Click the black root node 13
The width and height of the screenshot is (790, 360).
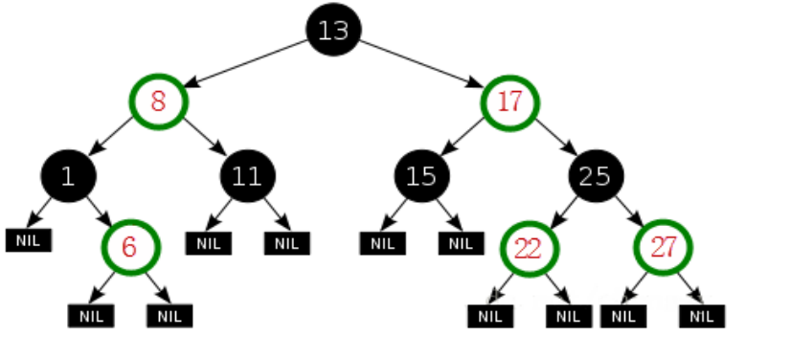click(333, 31)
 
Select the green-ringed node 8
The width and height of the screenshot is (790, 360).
click(159, 101)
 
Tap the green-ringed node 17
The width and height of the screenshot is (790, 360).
click(510, 101)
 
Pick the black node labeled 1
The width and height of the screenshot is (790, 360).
click(68, 175)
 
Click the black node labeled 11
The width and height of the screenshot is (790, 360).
click(247, 175)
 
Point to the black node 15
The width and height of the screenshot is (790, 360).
click(421, 175)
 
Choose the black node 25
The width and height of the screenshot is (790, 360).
click(596, 175)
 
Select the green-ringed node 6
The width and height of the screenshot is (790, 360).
click(130, 247)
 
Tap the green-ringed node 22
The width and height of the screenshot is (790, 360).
click(528, 247)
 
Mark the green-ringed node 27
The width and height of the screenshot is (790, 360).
click(663, 247)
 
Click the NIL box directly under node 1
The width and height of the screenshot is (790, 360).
click(29, 240)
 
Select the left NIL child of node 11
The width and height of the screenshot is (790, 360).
click(208, 243)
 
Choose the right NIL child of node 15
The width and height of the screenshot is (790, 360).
click(462, 243)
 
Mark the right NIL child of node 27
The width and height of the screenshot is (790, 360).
click(702, 315)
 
